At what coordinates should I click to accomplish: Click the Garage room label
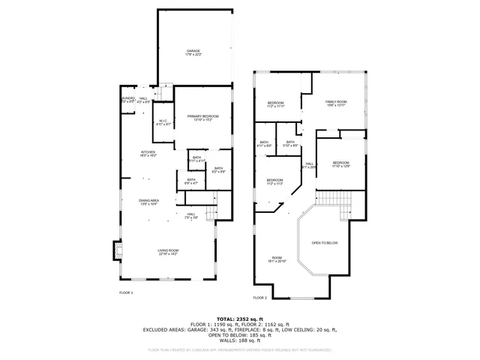pos(193,53)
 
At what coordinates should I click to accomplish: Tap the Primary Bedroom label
pos(203,118)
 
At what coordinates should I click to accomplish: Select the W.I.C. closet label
pos(163,123)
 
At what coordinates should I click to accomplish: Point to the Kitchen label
pos(148,154)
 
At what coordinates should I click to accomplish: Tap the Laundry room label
pos(128,100)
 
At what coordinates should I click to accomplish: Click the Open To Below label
pos(325,243)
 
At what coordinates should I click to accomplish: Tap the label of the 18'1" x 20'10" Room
pos(277,259)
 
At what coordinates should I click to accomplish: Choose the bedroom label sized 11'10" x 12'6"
pos(341,164)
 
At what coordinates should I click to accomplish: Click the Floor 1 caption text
pos(126,292)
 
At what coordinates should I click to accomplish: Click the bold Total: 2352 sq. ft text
pos(239,319)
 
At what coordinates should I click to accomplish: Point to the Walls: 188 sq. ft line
pos(239,339)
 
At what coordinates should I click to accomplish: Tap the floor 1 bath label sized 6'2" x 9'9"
pos(218,169)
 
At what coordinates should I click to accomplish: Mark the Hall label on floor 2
pos(309,166)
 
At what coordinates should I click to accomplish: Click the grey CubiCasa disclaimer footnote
pos(239,349)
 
